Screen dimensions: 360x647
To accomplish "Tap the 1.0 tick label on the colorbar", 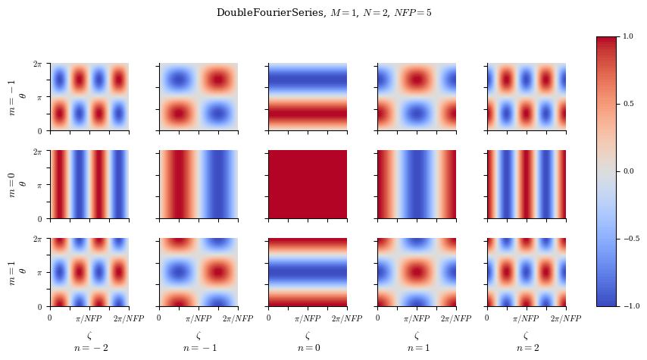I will point(628,36).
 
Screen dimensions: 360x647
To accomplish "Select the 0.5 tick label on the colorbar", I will point(628,104).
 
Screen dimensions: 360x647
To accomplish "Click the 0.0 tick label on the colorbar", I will point(628,171).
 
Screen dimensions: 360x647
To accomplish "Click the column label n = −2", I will point(89,348).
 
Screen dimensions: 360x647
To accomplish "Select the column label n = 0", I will point(308,348).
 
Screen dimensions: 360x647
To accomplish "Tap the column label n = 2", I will point(526,348).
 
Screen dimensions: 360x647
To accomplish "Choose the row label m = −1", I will point(11,97).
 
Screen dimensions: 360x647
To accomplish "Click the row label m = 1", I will point(11,273).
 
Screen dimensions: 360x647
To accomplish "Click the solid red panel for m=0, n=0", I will point(308,185).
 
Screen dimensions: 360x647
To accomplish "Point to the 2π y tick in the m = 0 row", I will point(37,152).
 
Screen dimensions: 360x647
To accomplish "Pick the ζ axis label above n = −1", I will point(198,335).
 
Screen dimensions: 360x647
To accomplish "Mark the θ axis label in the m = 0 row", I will point(22,185).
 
